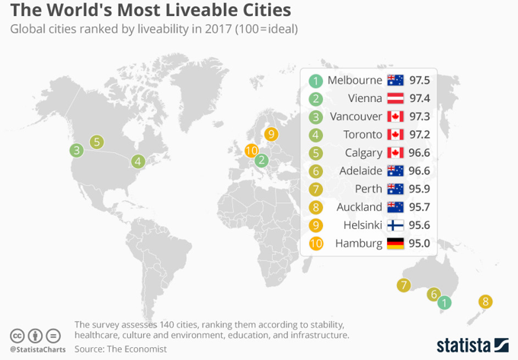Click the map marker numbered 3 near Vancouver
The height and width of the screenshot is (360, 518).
75,151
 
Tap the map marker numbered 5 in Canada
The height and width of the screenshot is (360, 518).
97,142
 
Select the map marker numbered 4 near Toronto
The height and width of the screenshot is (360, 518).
138,161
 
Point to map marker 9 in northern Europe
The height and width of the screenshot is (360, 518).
271,135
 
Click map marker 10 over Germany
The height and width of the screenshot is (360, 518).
251,151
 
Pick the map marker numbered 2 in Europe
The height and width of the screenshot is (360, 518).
261,161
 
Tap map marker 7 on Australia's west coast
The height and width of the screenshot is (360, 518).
404,286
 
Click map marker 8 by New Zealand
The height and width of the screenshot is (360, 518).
485,302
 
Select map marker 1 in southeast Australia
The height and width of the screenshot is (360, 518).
446,303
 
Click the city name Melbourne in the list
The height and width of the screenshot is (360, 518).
354,80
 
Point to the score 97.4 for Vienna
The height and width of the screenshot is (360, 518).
420,98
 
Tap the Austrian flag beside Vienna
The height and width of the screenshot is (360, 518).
395,98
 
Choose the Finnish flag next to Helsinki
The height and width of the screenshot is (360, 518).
395,225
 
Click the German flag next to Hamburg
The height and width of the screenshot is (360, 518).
395,244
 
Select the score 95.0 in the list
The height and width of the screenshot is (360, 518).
420,244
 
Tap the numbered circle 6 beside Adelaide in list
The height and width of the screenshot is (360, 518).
315,171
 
